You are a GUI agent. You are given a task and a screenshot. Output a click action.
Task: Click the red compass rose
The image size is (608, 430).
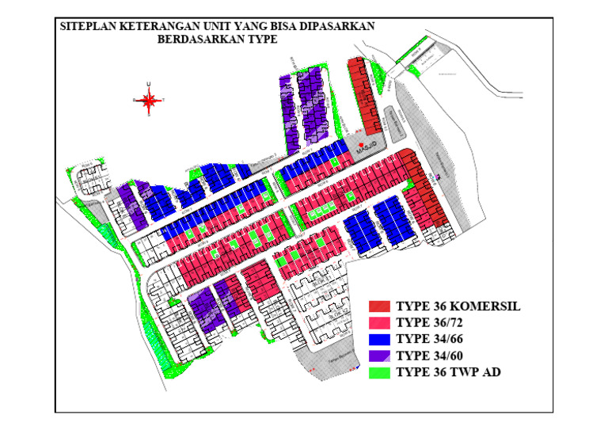click(149, 101)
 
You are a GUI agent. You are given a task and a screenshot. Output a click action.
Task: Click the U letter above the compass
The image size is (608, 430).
click(149, 84)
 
